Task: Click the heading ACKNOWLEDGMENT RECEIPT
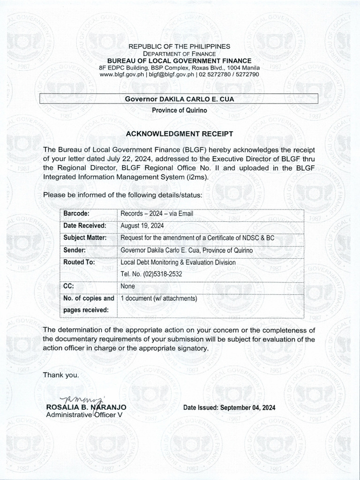pos(180,134)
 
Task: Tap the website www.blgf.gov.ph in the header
pos(123,74)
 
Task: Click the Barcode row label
pos(76,214)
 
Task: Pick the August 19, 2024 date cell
pos(140,226)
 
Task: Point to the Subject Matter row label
pos(85,238)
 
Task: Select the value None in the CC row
pos(127,286)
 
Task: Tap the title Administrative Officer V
pos(84,415)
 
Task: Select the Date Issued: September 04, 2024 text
pos(229,408)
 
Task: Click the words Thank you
pos(58,375)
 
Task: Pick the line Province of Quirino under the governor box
pos(179,110)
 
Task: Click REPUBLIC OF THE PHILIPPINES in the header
pos(180,46)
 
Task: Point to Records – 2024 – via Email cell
pos(157,214)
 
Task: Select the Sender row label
pos(75,250)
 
